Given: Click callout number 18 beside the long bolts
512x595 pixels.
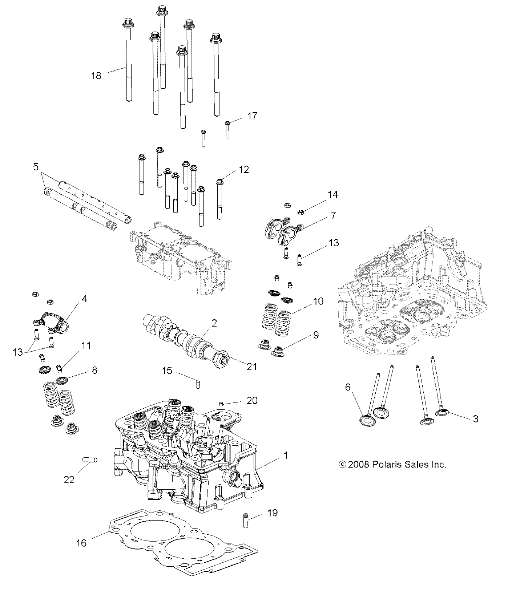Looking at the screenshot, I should click(x=96, y=76).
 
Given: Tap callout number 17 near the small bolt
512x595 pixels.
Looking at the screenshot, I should click(x=252, y=116).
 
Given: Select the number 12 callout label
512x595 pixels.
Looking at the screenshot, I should click(x=244, y=170).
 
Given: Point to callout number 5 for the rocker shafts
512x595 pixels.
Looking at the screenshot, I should click(x=35, y=167).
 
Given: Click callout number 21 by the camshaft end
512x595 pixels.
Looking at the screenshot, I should click(x=251, y=367).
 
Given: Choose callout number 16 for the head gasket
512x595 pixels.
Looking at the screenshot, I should click(x=82, y=543).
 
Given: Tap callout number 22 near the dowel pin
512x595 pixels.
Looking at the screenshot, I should click(x=69, y=479).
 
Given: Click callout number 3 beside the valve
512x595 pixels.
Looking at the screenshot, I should click(x=475, y=419).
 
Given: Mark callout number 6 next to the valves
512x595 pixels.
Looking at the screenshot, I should click(x=348, y=387).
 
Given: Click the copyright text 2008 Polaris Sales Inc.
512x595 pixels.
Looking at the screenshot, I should click(x=392, y=464).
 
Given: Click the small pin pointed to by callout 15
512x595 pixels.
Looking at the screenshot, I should click(x=198, y=384).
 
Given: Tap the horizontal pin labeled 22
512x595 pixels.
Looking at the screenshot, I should click(x=90, y=460).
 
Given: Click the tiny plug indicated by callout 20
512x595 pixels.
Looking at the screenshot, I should click(x=221, y=403).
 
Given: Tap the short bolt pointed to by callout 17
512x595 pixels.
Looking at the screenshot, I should click(x=227, y=130).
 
